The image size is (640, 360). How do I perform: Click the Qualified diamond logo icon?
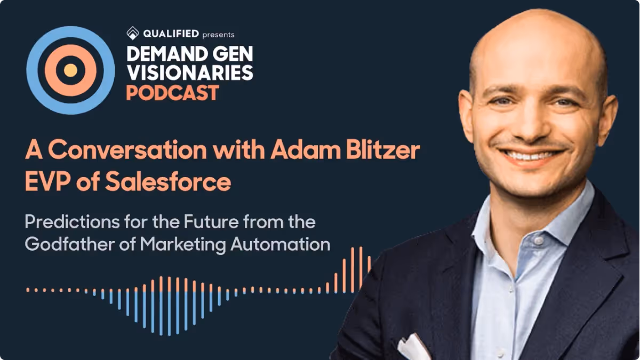click(x=133, y=34)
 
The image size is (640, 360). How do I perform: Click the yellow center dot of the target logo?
click(x=70, y=70)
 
